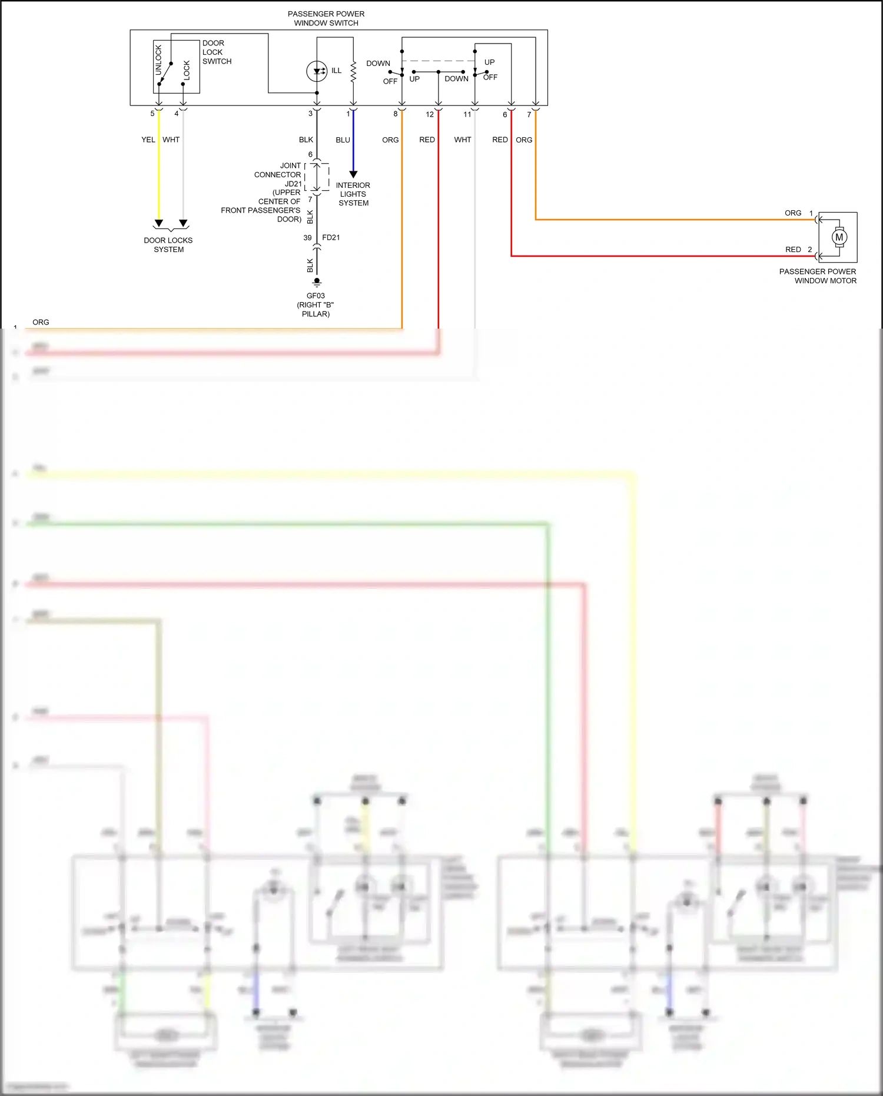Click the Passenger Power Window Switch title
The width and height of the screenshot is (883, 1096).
point(326,18)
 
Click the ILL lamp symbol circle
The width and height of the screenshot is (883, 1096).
point(317,71)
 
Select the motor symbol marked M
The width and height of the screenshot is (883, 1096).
point(839,237)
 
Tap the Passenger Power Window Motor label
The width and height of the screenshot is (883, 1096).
point(818,276)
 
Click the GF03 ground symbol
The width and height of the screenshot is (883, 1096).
point(317,282)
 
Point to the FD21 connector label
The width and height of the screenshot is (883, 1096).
point(331,237)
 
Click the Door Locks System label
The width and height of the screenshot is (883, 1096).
point(168,245)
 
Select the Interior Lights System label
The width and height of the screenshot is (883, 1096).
point(353,194)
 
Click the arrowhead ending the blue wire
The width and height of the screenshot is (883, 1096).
point(353,174)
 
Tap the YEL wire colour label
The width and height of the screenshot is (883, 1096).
point(148,140)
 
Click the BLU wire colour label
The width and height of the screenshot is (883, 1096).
point(343,140)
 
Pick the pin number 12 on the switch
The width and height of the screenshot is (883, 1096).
point(430,114)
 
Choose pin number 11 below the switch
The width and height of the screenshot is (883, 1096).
point(467,114)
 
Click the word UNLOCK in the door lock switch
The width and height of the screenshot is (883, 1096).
point(158,60)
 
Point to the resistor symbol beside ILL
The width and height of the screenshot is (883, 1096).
point(353,72)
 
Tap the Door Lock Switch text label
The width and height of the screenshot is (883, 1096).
point(217,52)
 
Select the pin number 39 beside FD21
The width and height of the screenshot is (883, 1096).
point(307,238)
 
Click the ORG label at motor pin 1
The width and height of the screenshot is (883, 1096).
point(793,213)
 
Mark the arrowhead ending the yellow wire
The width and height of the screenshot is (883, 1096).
point(158,224)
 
